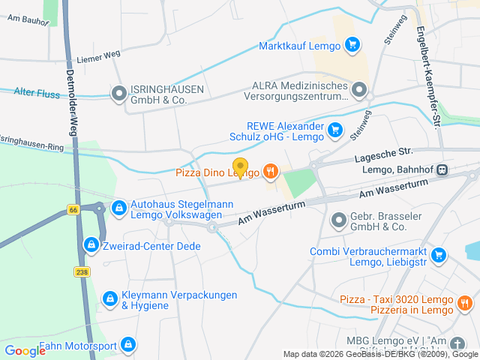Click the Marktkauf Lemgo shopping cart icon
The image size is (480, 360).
coord(352,45)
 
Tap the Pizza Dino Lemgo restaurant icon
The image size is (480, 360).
coord(271,172)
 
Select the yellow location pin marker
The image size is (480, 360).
coord(240,167)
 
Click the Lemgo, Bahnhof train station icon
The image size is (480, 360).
coord(443,170)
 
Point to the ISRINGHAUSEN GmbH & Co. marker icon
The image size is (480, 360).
coord(118,94)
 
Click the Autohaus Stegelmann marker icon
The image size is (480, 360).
coord(118,207)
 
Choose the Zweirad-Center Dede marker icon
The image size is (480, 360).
coord(91,244)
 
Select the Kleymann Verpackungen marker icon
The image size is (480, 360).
coord(110,298)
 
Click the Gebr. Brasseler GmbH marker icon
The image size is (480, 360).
coord(338,220)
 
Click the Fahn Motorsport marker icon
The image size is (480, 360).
coord(128,345)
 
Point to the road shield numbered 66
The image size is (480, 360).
coord(73,210)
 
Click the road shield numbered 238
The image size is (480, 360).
coord(82,271)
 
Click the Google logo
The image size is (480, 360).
coord(25,350)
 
